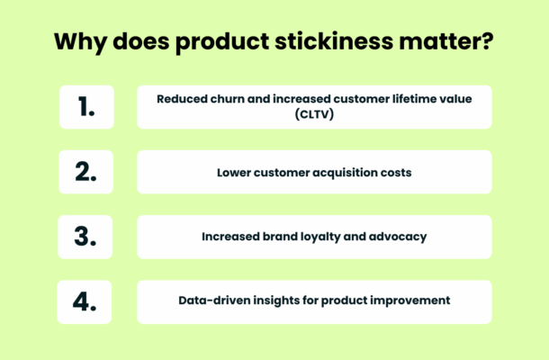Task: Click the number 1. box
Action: tap(86, 107)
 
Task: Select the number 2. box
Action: tap(86, 172)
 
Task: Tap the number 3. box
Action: tap(86, 237)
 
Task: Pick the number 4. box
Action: tap(86, 302)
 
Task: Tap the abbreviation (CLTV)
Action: tap(314, 114)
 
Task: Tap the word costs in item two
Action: tap(395, 172)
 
